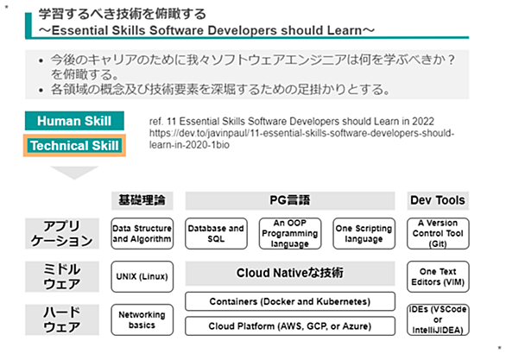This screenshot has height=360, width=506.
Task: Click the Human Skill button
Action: click(74, 121)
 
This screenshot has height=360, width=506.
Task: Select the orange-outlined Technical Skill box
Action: click(74, 146)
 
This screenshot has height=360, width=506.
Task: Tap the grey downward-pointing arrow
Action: click(74, 173)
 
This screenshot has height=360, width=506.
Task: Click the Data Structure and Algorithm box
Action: click(142, 234)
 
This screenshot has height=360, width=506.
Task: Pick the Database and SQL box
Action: click(216, 234)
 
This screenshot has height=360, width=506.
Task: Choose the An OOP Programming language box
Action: click(290, 234)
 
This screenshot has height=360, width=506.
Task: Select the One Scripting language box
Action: click(364, 234)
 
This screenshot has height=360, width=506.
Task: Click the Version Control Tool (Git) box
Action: click(438, 234)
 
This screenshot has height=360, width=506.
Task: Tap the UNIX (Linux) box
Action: click(142, 277)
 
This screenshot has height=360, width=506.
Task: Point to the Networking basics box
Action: click(142, 319)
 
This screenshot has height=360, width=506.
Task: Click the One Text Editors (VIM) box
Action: click(438, 277)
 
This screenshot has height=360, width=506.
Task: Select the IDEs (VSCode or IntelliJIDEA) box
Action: click(438, 319)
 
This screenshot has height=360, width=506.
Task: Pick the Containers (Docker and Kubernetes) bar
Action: click(290, 301)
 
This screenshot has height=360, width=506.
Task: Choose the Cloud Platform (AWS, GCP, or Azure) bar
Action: click(290, 326)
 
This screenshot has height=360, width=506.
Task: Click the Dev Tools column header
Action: click(438, 200)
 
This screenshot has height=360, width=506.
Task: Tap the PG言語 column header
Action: click(290, 200)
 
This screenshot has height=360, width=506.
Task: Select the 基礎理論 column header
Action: click(142, 200)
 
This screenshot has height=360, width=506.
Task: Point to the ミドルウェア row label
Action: click(62, 277)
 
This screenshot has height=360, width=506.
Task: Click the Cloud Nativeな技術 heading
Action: click(290, 273)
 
